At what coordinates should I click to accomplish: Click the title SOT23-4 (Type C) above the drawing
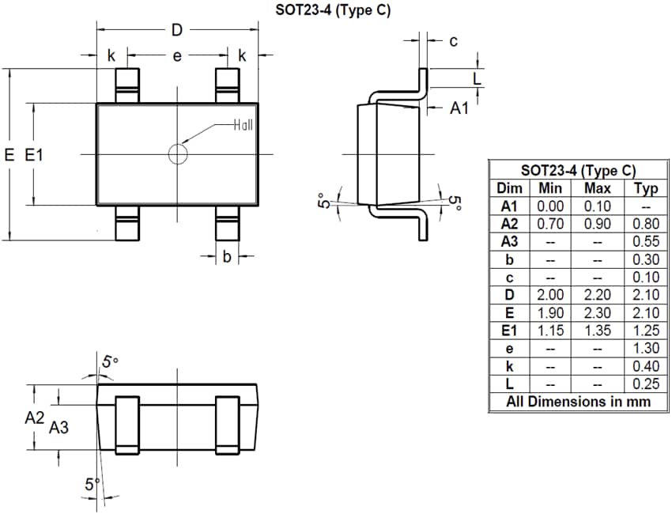[333, 10]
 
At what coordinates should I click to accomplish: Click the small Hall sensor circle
[178, 153]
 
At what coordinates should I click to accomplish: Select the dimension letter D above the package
[177, 31]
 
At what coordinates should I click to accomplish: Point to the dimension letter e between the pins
[177, 56]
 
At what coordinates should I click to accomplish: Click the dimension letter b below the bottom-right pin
[226, 256]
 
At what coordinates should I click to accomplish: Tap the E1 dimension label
[34, 155]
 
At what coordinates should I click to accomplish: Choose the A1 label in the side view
[459, 108]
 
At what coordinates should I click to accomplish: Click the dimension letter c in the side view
[453, 41]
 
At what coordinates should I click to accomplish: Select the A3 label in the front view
[59, 428]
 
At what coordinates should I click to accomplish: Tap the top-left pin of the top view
[126, 85]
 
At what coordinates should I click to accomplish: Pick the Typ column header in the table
[646, 188]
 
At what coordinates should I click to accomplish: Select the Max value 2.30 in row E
[597, 313]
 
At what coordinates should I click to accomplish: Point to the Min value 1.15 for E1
[549, 331]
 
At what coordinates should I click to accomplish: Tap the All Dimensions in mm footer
[578, 402]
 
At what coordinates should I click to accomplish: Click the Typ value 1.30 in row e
[646, 349]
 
